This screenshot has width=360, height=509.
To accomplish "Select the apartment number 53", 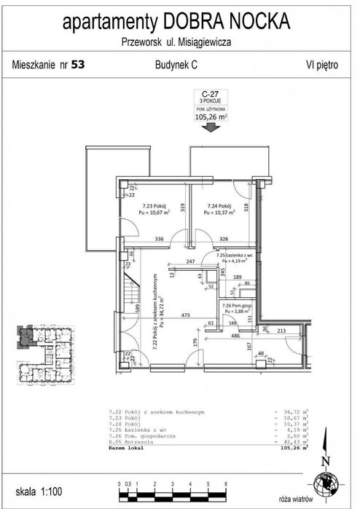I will pyautogui.click(x=78, y=65).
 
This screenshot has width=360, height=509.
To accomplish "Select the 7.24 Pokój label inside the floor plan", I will pyautogui.click(x=218, y=205).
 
